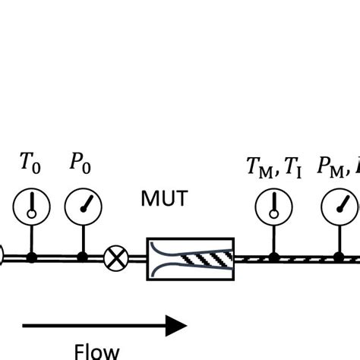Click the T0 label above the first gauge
(30, 163)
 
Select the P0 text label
(80, 163)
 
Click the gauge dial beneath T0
(31, 205)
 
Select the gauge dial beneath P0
(81, 205)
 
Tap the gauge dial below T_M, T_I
(273, 205)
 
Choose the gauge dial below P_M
(339, 205)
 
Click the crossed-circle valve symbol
(115, 258)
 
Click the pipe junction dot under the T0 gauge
(31, 258)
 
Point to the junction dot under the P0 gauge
(81, 258)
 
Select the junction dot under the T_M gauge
(273, 258)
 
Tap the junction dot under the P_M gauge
(339, 258)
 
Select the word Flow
(96, 350)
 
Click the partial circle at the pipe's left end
(2, 258)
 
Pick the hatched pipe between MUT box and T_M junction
(253, 258)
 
